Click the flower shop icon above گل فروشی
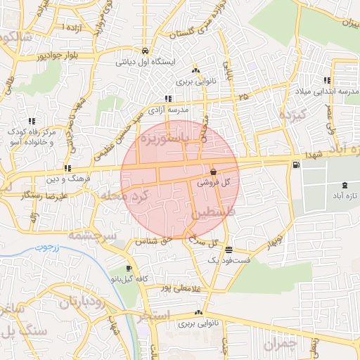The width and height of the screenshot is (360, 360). click(x=213, y=172)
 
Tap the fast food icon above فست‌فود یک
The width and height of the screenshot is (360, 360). click(x=229, y=250)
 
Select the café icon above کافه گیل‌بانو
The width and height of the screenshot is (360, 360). click(x=129, y=269)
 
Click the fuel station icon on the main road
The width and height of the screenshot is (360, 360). click(x=295, y=165)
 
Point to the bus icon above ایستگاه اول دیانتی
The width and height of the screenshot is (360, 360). click(x=144, y=51)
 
